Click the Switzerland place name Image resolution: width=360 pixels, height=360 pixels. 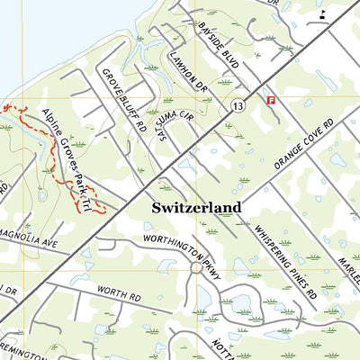196,208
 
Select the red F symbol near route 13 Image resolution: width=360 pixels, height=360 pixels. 270,100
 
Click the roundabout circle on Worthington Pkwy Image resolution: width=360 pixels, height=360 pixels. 195,267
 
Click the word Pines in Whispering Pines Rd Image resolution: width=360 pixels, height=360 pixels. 289,262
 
